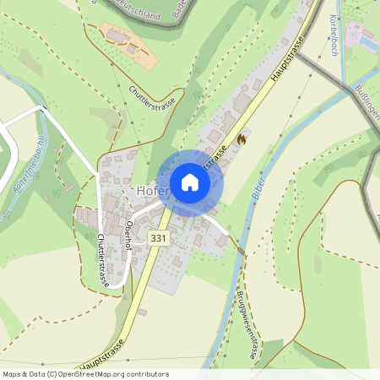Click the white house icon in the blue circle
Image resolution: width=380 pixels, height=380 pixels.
coord(189,182)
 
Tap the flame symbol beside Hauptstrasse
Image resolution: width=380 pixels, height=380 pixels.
coord(242,138)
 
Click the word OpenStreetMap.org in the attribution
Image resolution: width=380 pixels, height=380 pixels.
coord(109,373)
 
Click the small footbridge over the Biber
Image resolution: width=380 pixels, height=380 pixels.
coord(242,251)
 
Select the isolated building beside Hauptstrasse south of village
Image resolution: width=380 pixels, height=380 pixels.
coord(143,312)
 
